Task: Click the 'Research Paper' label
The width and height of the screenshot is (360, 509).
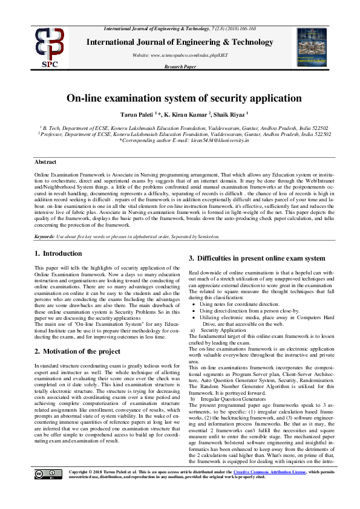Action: pos(180,66)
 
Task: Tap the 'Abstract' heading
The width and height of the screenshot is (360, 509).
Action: pos(45,162)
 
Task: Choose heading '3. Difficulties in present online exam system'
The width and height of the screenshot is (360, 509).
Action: pos(257,258)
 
